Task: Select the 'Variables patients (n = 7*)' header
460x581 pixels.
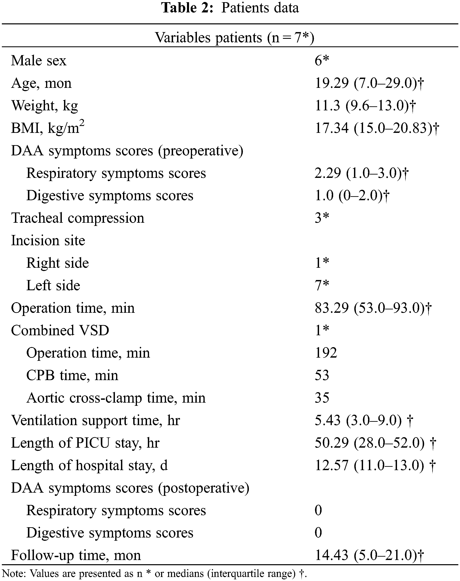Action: [234, 37]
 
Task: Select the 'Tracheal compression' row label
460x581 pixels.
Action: [78, 218]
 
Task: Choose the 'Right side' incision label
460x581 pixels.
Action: [57, 263]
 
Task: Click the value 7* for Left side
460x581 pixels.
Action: [322, 285]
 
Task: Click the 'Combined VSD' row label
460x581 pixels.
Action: [60, 330]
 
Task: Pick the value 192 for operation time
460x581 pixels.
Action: [326, 353]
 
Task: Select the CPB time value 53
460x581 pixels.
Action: [322, 375]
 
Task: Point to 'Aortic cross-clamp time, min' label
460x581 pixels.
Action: [116, 398]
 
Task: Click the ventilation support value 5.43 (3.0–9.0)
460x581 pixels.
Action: [364, 420]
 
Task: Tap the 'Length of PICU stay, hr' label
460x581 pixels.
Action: [85, 443]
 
